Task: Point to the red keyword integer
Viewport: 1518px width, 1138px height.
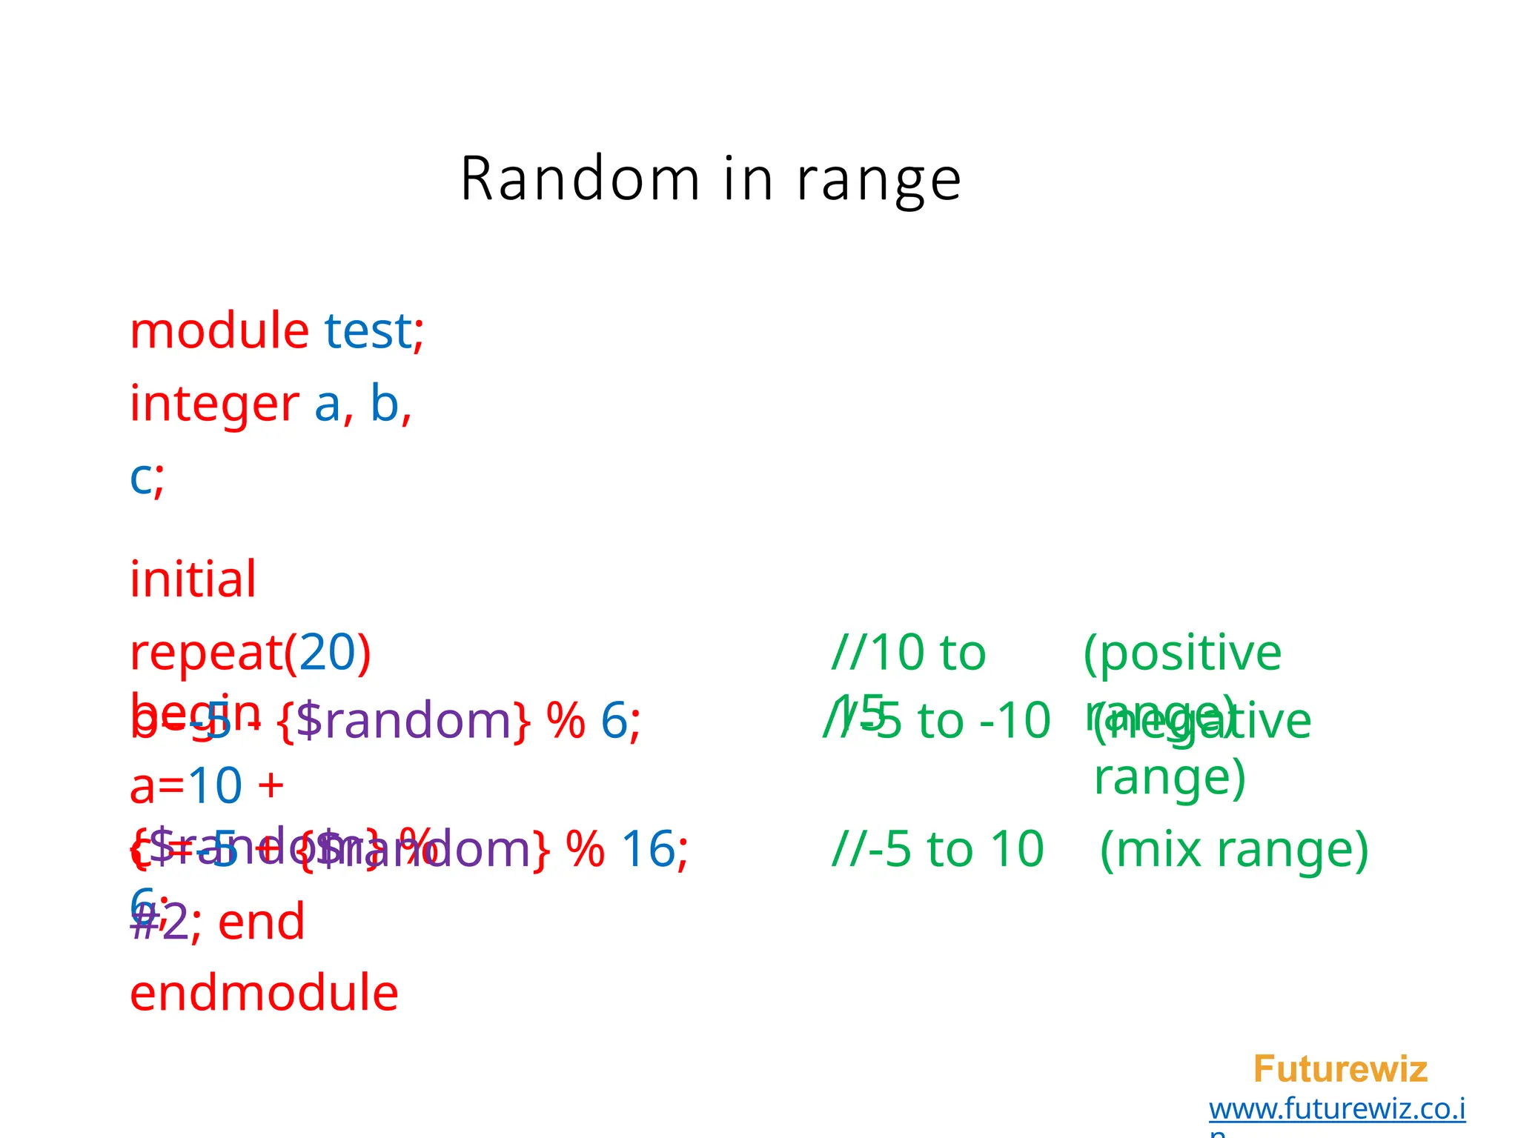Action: coord(214,405)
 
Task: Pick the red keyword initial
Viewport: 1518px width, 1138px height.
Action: coord(193,579)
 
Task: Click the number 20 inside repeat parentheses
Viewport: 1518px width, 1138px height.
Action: coord(328,653)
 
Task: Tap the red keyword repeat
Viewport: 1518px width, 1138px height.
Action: coord(206,653)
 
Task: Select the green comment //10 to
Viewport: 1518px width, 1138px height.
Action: coord(909,653)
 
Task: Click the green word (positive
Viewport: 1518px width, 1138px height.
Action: coord(1182,653)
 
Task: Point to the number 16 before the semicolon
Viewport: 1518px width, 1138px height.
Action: coord(648,849)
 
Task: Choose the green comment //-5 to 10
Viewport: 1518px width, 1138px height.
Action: coord(938,849)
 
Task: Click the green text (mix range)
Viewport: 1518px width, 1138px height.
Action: coord(1234,849)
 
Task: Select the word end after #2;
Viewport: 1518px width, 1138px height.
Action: coord(262,922)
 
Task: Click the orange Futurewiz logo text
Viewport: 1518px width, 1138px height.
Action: coord(1340,1069)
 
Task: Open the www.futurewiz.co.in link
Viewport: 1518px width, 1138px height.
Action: coord(1337,1109)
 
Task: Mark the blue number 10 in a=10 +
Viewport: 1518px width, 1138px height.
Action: coord(215,785)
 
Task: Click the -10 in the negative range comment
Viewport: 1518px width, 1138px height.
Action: coord(1015,721)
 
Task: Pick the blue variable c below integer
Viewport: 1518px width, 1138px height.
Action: coord(141,478)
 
